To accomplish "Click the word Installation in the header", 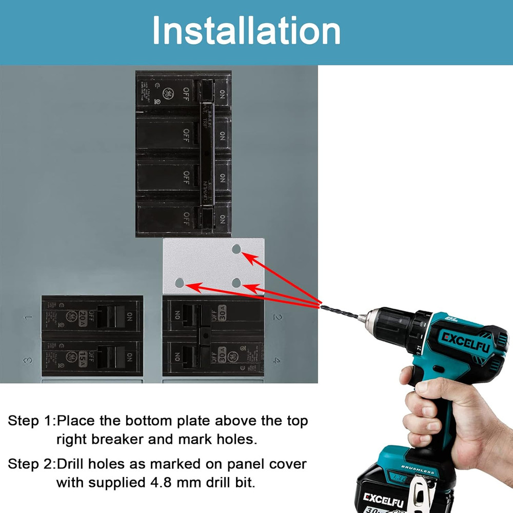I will tap(246, 31).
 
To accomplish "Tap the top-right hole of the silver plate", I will tap(236, 249).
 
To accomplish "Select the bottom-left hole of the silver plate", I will tap(179, 283).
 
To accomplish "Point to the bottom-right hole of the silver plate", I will tap(236, 283).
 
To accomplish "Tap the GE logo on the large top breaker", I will tap(167, 94).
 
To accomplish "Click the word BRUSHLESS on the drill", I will tap(418, 471).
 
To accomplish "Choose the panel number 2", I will tap(278, 318).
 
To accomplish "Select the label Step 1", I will tap(30, 421).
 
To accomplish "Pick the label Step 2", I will tap(30, 464).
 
